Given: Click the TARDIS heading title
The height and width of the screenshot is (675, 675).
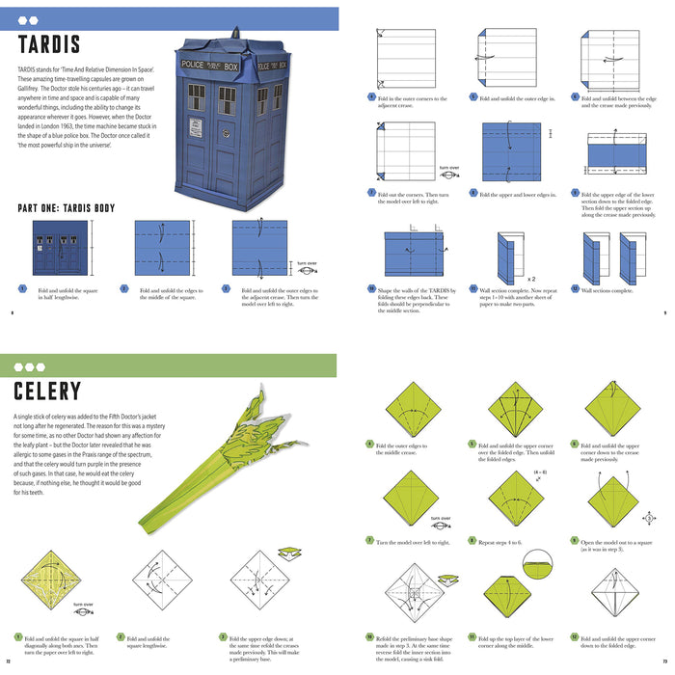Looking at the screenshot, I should (49, 44).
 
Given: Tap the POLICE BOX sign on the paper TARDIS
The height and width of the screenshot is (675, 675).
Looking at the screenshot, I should (210, 66).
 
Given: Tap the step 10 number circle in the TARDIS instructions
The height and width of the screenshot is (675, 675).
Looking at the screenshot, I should (371, 288).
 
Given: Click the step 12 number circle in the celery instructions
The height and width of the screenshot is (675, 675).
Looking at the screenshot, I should (575, 636).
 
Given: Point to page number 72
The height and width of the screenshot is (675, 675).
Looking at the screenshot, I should (8, 661).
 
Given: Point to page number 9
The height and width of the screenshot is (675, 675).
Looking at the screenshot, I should (665, 312).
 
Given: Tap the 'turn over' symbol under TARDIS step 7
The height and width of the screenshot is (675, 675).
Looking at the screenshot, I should (448, 171).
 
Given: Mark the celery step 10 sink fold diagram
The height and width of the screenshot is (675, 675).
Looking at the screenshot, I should (411, 592).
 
